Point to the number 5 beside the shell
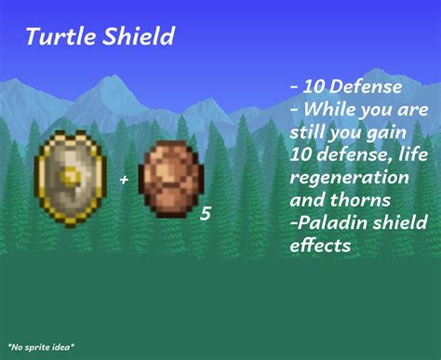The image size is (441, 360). tap(206, 214)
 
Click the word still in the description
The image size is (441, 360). tap(308, 131)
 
